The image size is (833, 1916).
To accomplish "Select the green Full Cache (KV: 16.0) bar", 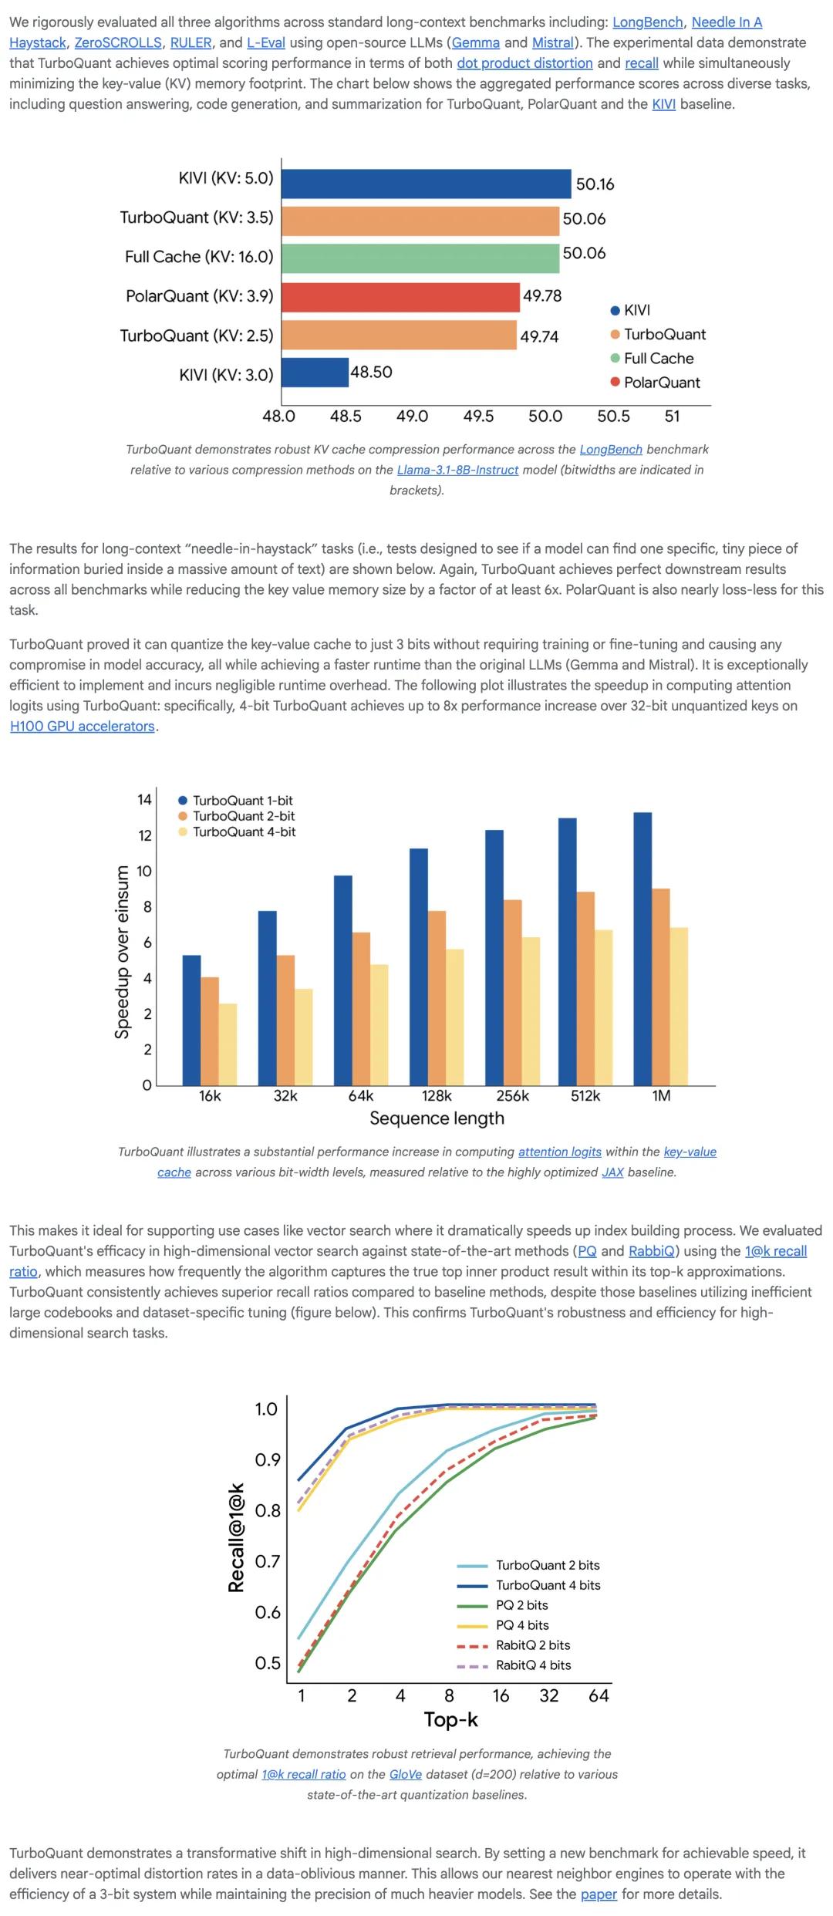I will coord(420,258).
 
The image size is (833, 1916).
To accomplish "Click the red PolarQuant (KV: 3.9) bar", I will coord(400,297).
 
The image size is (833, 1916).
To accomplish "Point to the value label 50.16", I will coord(595,184).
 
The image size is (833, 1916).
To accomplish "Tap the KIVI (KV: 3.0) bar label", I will coord(226,375).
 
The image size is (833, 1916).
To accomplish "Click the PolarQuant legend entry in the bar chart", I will coord(661,383).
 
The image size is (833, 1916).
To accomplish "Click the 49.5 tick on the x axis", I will coord(478,417).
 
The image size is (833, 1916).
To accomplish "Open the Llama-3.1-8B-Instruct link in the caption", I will coord(457,470).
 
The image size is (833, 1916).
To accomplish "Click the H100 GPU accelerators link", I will coord(83,726).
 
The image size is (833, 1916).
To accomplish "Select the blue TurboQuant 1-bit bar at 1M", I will coord(642,949).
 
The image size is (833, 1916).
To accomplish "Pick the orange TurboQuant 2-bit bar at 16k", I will coord(210,1031).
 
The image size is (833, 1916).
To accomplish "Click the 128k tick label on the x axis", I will coord(437,1096).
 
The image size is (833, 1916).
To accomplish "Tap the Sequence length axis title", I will coord(437,1118).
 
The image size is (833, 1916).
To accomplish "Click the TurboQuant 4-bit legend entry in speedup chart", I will coord(244,832).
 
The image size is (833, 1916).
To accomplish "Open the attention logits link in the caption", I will coord(559,1152).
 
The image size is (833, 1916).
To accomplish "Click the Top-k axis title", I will coord(450,1719).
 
